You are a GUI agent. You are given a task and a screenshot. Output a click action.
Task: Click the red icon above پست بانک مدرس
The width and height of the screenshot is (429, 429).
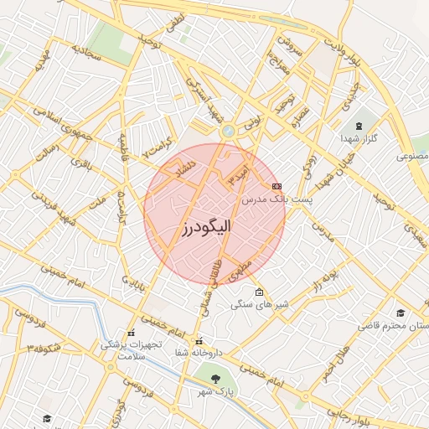click(x=277, y=186)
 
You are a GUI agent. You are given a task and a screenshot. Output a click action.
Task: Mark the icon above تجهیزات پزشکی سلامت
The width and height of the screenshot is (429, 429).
click(x=131, y=333)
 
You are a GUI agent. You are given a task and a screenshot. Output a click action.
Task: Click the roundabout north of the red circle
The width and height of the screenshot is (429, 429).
click(x=227, y=132)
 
